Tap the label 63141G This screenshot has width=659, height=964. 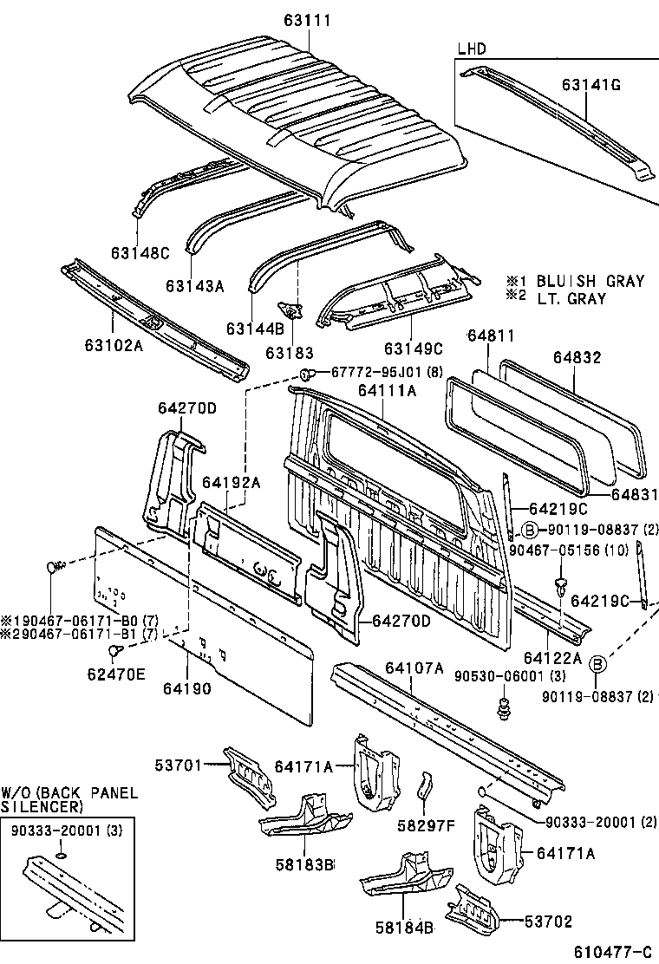pyautogui.click(x=590, y=85)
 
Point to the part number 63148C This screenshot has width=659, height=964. pyautogui.click(x=140, y=253)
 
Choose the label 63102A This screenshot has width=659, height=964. pyautogui.click(x=113, y=344)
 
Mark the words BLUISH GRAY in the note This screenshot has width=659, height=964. pyautogui.click(x=590, y=281)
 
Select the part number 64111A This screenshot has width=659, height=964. pyautogui.click(x=387, y=391)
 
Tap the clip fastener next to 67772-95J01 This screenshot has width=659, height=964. pyautogui.click(x=307, y=374)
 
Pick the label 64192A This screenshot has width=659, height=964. pyautogui.click(x=232, y=482)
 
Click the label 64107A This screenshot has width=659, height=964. pyautogui.click(x=414, y=668)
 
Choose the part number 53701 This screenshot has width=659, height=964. pyautogui.click(x=179, y=765)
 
